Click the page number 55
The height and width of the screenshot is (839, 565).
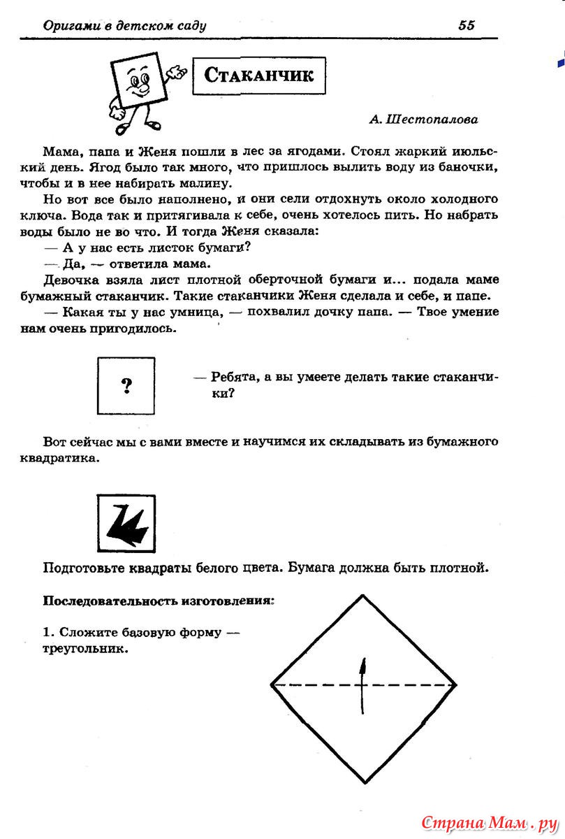pyautogui.click(x=467, y=26)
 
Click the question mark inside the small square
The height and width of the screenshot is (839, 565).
pyautogui.click(x=126, y=384)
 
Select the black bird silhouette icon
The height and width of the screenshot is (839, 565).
pyautogui.click(x=126, y=524)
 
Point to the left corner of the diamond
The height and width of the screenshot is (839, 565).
pyautogui.click(x=272, y=685)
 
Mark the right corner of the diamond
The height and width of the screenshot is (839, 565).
pyautogui.click(x=456, y=685)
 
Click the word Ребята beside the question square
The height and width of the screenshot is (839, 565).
pyautogui.click(x=237, y=378)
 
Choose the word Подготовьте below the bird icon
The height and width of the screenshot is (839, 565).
pyautogui.click(x=85, y=568)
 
